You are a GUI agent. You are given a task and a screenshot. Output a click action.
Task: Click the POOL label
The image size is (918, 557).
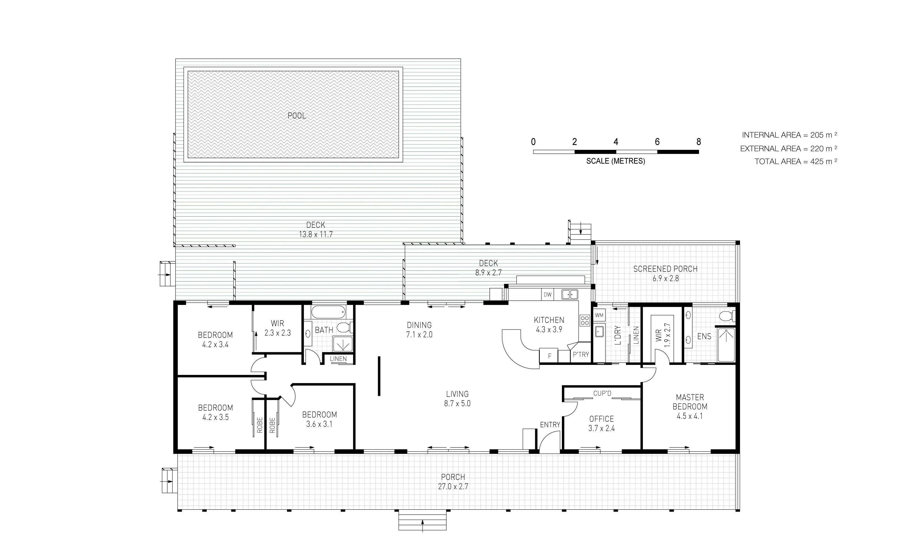point(297,116)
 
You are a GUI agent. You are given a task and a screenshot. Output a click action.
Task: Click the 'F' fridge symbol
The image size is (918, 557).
point(549,356)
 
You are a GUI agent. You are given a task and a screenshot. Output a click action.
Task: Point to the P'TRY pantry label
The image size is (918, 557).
point(581,355)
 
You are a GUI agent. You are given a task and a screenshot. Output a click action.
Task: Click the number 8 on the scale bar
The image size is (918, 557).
point(698,142)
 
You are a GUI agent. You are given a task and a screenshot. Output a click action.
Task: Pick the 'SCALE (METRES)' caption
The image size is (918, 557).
point(615,161)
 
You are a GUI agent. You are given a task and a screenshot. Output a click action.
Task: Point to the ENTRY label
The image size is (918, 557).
point(550,425)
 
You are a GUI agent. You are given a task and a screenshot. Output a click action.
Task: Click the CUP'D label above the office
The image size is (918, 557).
point(602,393)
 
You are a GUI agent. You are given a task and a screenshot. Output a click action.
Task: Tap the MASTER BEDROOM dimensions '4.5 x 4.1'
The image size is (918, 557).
point(689,416)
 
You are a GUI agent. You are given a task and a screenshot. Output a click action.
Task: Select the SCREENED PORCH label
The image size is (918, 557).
point(665,269)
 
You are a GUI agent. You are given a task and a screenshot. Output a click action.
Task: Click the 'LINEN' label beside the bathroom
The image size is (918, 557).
point(338,359)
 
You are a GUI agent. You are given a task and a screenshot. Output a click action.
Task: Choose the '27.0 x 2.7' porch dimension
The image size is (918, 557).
point(453,487)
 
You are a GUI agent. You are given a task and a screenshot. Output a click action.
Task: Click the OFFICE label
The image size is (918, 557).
point(601,419)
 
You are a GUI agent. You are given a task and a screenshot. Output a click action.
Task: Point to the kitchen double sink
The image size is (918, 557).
point(570,294)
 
